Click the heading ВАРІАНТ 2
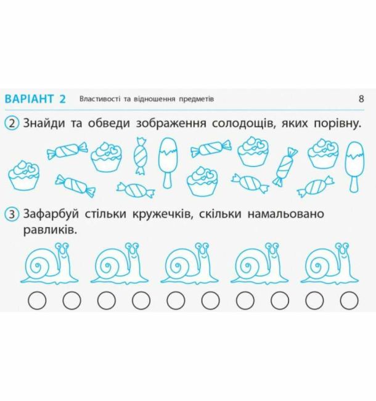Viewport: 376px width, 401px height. point(35,99)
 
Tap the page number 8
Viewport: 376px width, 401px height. point(361,99)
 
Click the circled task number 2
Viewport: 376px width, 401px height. point(12,124)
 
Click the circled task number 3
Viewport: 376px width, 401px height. point(12,214)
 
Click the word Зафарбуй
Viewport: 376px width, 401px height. point(51,214)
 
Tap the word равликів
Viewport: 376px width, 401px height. point(50,230)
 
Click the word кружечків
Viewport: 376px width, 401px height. point(162,214)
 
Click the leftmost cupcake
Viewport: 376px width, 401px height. point(24,175)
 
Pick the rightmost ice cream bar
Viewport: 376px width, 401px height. point(355,167)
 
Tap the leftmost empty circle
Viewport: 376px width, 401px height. point(37,300)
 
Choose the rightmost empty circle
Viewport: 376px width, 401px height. point(349,300)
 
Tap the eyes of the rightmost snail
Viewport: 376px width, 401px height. point(342,246)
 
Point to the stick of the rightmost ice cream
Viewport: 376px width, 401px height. point(354,184)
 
